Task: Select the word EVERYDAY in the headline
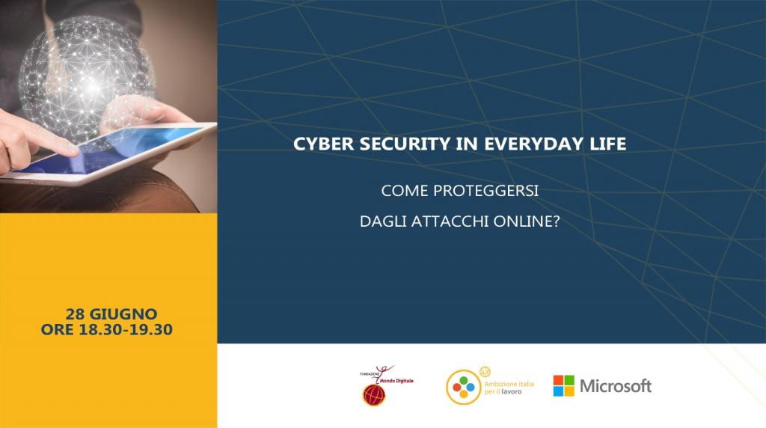point(534,144)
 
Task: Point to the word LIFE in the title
point(608,144)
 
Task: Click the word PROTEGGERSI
point(485,191)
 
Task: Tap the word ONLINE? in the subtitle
point(527,221)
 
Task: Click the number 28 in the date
point(76,314)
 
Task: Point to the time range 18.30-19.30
point(126,329)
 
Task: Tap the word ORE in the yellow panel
point(57,329)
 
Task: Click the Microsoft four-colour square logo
point(564,385)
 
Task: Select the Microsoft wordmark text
point(616,386)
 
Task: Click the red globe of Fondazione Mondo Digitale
point(374,395)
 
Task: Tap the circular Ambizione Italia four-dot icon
point(463,388)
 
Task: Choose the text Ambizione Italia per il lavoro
point(509,388)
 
